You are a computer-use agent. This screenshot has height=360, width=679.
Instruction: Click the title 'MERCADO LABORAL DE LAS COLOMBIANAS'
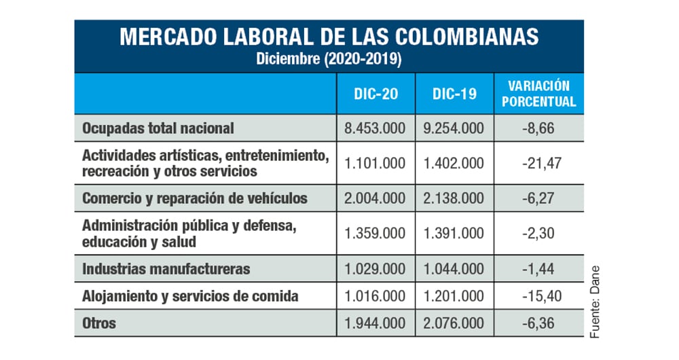(x=329, y=37)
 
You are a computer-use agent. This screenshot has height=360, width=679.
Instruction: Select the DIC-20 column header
(x=375, y=94)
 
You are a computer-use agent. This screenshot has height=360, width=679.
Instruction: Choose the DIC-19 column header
(x=454, y=94)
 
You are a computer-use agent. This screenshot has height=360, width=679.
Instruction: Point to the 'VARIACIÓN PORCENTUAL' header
(x=538, y=94)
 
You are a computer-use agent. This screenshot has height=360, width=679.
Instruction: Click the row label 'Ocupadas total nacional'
(x=158, y=128)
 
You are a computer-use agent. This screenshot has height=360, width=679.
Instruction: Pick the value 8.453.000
(x=375, y=128)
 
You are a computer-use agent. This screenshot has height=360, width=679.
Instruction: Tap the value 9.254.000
(x=454, y=128)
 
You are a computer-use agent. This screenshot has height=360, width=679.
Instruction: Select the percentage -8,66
(x=538, y=128)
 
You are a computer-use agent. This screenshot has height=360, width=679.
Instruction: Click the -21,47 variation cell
(x=538, y=163)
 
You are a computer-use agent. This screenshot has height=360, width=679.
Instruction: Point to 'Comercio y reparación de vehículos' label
(x=195, y=198)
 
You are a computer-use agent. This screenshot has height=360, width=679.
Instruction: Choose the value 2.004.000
(x=375, y=198)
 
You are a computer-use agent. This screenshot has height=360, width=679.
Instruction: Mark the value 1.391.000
(x=454, y=234)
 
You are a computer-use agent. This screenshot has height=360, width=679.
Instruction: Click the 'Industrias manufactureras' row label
(x=166, y=269)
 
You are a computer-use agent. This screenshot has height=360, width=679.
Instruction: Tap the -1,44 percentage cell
(x=538, y=269)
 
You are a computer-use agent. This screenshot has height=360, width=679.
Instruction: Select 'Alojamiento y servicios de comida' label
(x=191, y=296)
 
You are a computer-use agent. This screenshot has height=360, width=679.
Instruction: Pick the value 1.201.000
(x=454, y=296)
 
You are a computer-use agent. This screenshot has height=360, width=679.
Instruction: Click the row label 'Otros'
(x=99, y=323)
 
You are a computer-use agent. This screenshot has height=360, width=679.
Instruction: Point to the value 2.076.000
(x=454, y=323)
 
